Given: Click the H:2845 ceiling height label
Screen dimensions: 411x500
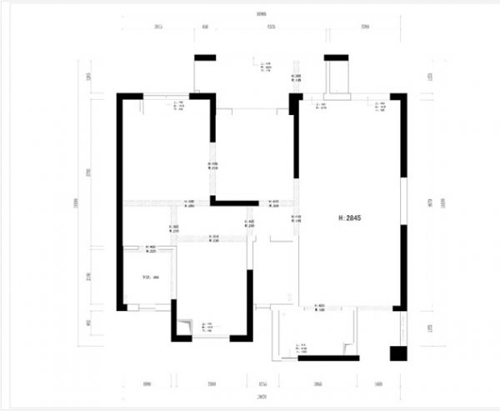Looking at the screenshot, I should (x=349, y=218).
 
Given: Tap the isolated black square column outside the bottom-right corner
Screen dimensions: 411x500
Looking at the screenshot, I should (x=397, y=353).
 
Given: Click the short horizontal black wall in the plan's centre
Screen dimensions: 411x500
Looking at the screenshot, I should (x=236, y=202).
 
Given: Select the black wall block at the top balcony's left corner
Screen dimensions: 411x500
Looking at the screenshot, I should (x=205, y=57).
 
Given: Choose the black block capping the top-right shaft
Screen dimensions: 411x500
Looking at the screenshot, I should (x=337, y=57).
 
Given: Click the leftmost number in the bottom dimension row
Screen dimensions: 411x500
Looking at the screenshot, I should (x=147, y=384).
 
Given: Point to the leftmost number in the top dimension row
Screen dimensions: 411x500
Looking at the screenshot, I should (x=158, y=28).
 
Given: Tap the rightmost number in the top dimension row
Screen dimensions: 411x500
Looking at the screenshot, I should (x=365, y=28).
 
